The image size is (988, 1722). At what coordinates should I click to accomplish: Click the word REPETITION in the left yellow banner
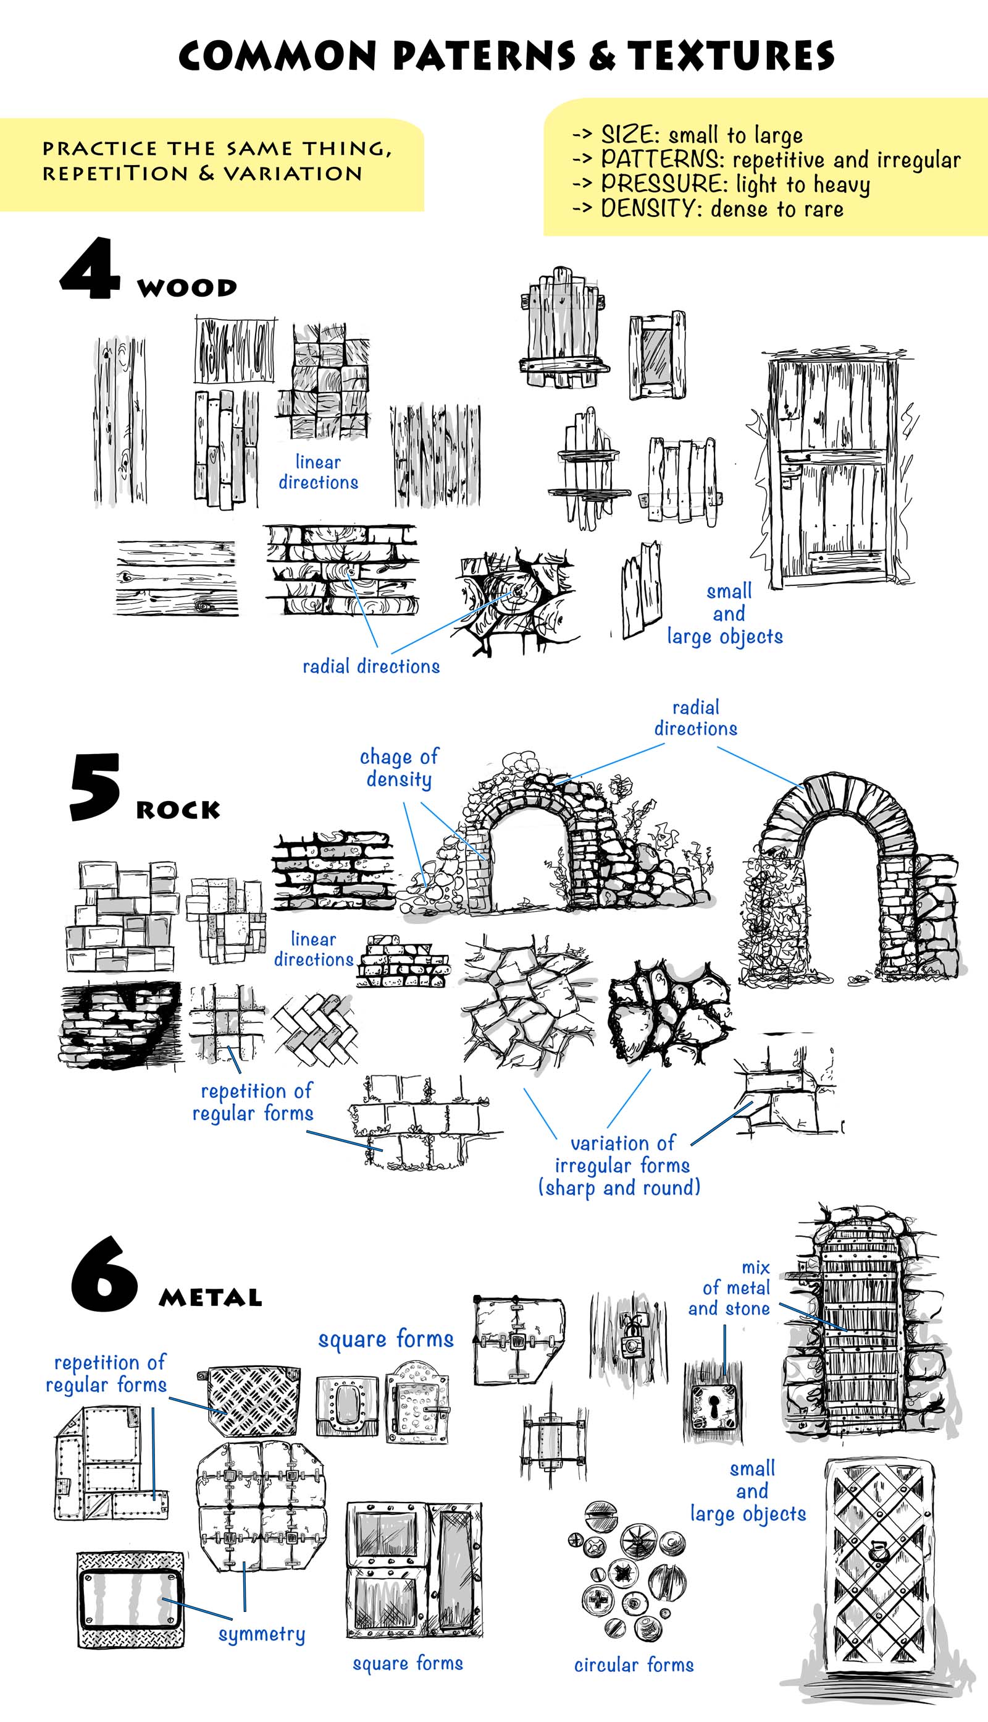click(115, 174)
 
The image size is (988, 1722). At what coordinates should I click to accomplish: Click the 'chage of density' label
click(399, 767)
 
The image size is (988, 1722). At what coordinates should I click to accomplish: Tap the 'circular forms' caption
click(634, 1665)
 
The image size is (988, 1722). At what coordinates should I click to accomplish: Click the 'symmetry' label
click(261, 1634)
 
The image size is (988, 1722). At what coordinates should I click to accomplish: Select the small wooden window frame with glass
click(656, 356)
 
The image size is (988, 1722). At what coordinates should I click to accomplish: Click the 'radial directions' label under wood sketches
click(371, 666)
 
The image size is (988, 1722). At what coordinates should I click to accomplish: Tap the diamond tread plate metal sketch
click(253, 1400)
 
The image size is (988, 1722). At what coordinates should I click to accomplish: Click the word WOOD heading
click(186, 287)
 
